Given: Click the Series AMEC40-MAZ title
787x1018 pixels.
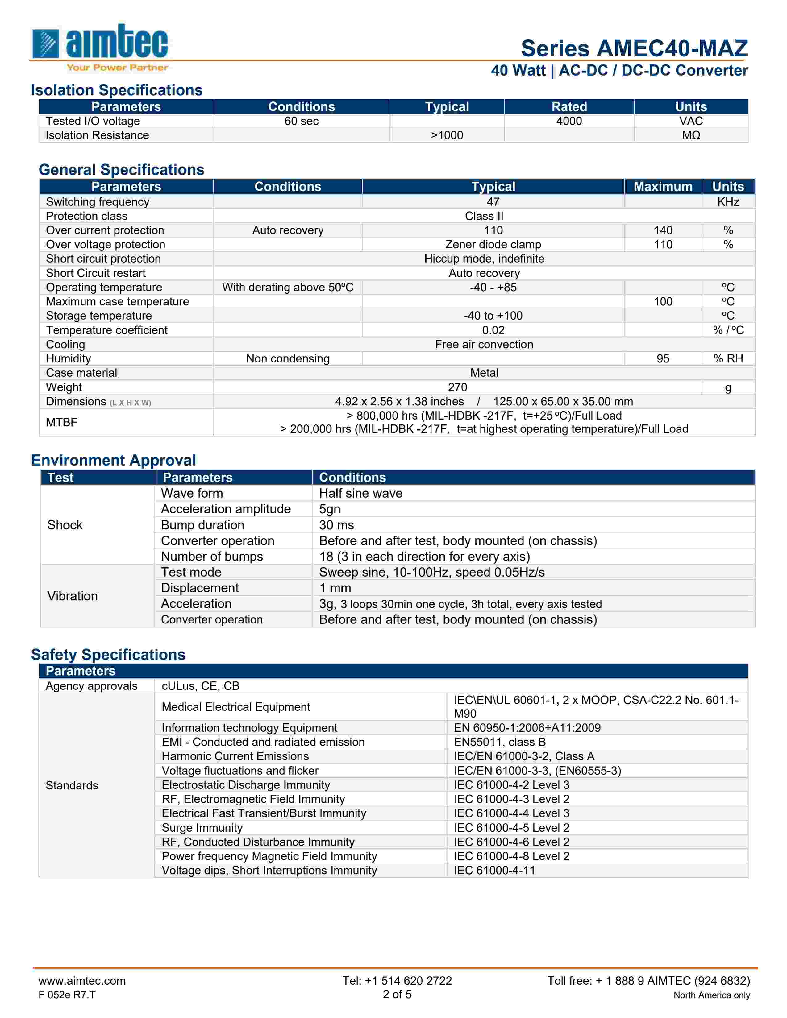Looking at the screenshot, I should coord(634,48).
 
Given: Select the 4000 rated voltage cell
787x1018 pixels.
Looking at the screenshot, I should coord(569,121).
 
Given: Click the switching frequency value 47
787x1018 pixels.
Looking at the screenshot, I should coord(493,202).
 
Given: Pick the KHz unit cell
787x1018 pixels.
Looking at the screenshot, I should coord(728,202).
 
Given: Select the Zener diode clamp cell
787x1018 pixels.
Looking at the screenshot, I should coord(493,245).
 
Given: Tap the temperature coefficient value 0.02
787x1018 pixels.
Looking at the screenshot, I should coord(493,330).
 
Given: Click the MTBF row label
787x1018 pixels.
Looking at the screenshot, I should coord(61,422).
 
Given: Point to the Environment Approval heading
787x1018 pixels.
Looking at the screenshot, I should coord(113,461).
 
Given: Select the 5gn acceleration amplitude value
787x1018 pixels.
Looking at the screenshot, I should coord(330,509).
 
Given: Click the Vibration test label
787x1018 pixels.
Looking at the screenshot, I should coord(72,596).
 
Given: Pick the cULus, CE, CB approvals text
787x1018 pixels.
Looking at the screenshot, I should coord(201,686).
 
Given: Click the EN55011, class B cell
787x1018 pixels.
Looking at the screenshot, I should coord(499,742).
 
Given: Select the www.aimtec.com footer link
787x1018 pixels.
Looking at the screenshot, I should coord(82,981).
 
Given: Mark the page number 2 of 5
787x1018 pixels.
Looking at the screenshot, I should coord(397,994).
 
